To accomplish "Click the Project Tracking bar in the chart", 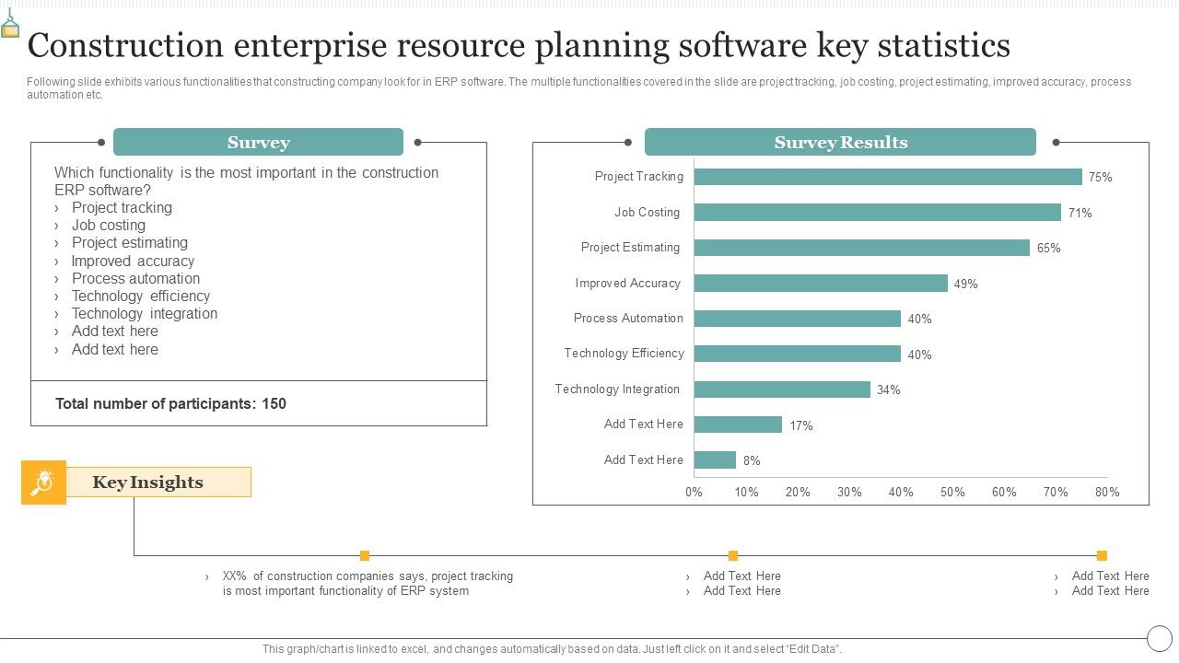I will coord(888,177).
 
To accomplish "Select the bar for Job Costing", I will coord(878,213).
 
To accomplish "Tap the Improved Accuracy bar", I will coord(821,284).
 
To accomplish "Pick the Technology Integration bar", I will coord(782,390).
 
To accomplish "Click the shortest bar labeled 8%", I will coord(715,460).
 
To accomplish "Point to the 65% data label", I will coord(1048,249).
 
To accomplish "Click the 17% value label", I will coord(800,426).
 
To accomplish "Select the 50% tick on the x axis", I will coord(952,493).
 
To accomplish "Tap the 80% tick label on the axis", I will coord(1107,493).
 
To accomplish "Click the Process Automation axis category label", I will coord(628,319).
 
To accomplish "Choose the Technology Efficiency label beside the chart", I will coord(625,354).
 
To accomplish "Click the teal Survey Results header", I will coord(840,143).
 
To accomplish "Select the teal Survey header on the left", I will coord(258,143).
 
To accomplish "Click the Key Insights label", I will coord(148,483).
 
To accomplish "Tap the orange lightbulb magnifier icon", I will coord(43,483).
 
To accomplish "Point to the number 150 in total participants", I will coord(274,403).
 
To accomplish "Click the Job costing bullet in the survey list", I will coord(109,226).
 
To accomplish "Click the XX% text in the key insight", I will coord(235,576).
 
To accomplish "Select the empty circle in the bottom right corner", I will coord(1159,638).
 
